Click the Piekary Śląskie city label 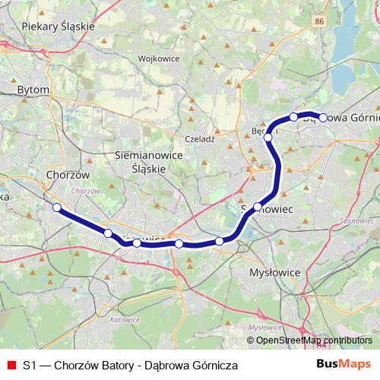(x=58, y=26)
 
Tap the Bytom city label (x=33, y=90)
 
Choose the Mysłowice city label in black (x=275, y=271)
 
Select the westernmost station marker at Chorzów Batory (x=56, y=207)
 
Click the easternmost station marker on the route (x=323, y=117)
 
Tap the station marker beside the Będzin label (x=268, y=137)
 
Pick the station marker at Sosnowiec (x=258, y=207)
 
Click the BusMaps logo (x=344, y=365)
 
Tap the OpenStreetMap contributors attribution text (x=314, y=340)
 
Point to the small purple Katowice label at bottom (x=125, y=320)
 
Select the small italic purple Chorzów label (x=85, y=190)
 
